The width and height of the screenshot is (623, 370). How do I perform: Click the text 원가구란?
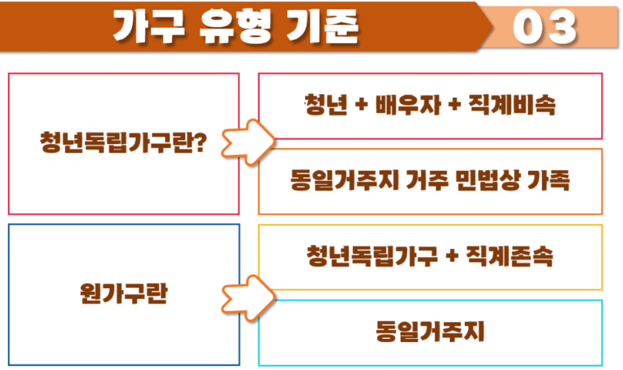click(123, 294)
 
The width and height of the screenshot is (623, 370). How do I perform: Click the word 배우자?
click(413, 105)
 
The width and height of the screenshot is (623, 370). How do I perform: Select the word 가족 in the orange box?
click(549, 181)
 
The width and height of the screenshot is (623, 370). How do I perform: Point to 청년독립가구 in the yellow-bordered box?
click(372, 257)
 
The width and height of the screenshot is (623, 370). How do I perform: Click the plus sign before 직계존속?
click(453, 257)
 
